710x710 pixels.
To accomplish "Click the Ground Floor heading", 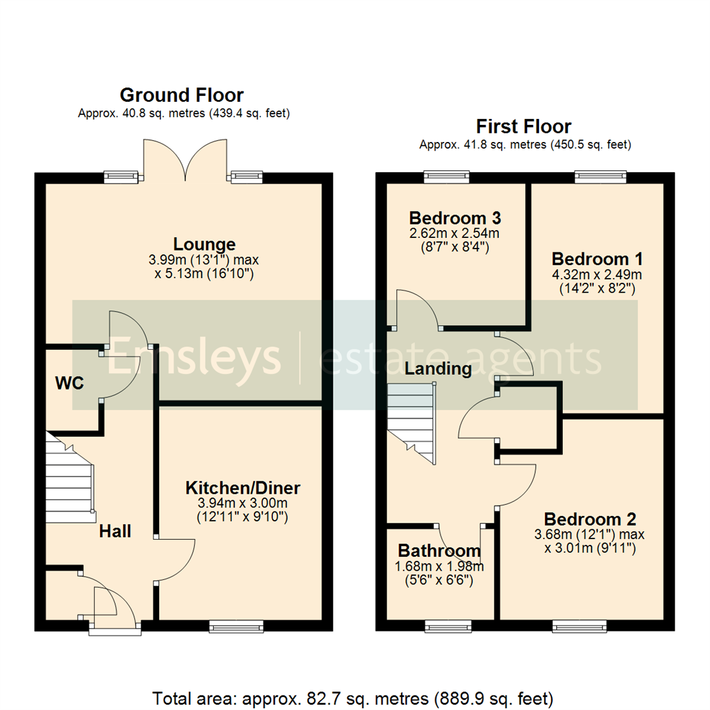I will coord(181,96).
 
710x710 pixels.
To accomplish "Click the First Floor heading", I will coord(524,126).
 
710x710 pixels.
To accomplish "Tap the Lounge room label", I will coord(204,244).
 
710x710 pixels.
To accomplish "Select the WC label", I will coord(70,383).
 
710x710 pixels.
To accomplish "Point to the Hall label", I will coord(115,531).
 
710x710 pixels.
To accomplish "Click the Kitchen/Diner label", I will coord(243,488).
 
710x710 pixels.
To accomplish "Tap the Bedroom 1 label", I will coord(597,258).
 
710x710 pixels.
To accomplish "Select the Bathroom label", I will coord(439,551).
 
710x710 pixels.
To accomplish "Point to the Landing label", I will coord(438,369).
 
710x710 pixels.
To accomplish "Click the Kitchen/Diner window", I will coord(236,627).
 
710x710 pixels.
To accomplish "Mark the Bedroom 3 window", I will coord(446,176).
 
